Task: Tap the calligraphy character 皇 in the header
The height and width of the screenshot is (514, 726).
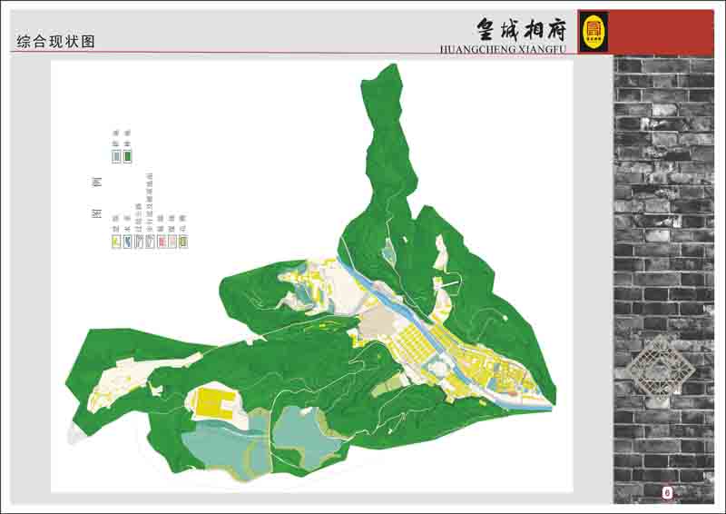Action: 488,26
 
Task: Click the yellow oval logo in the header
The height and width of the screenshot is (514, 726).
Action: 593,30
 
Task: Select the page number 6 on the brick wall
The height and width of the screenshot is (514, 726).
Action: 667,492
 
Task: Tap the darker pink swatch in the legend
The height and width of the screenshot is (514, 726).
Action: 162,242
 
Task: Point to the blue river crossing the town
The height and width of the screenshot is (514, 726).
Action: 381,292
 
